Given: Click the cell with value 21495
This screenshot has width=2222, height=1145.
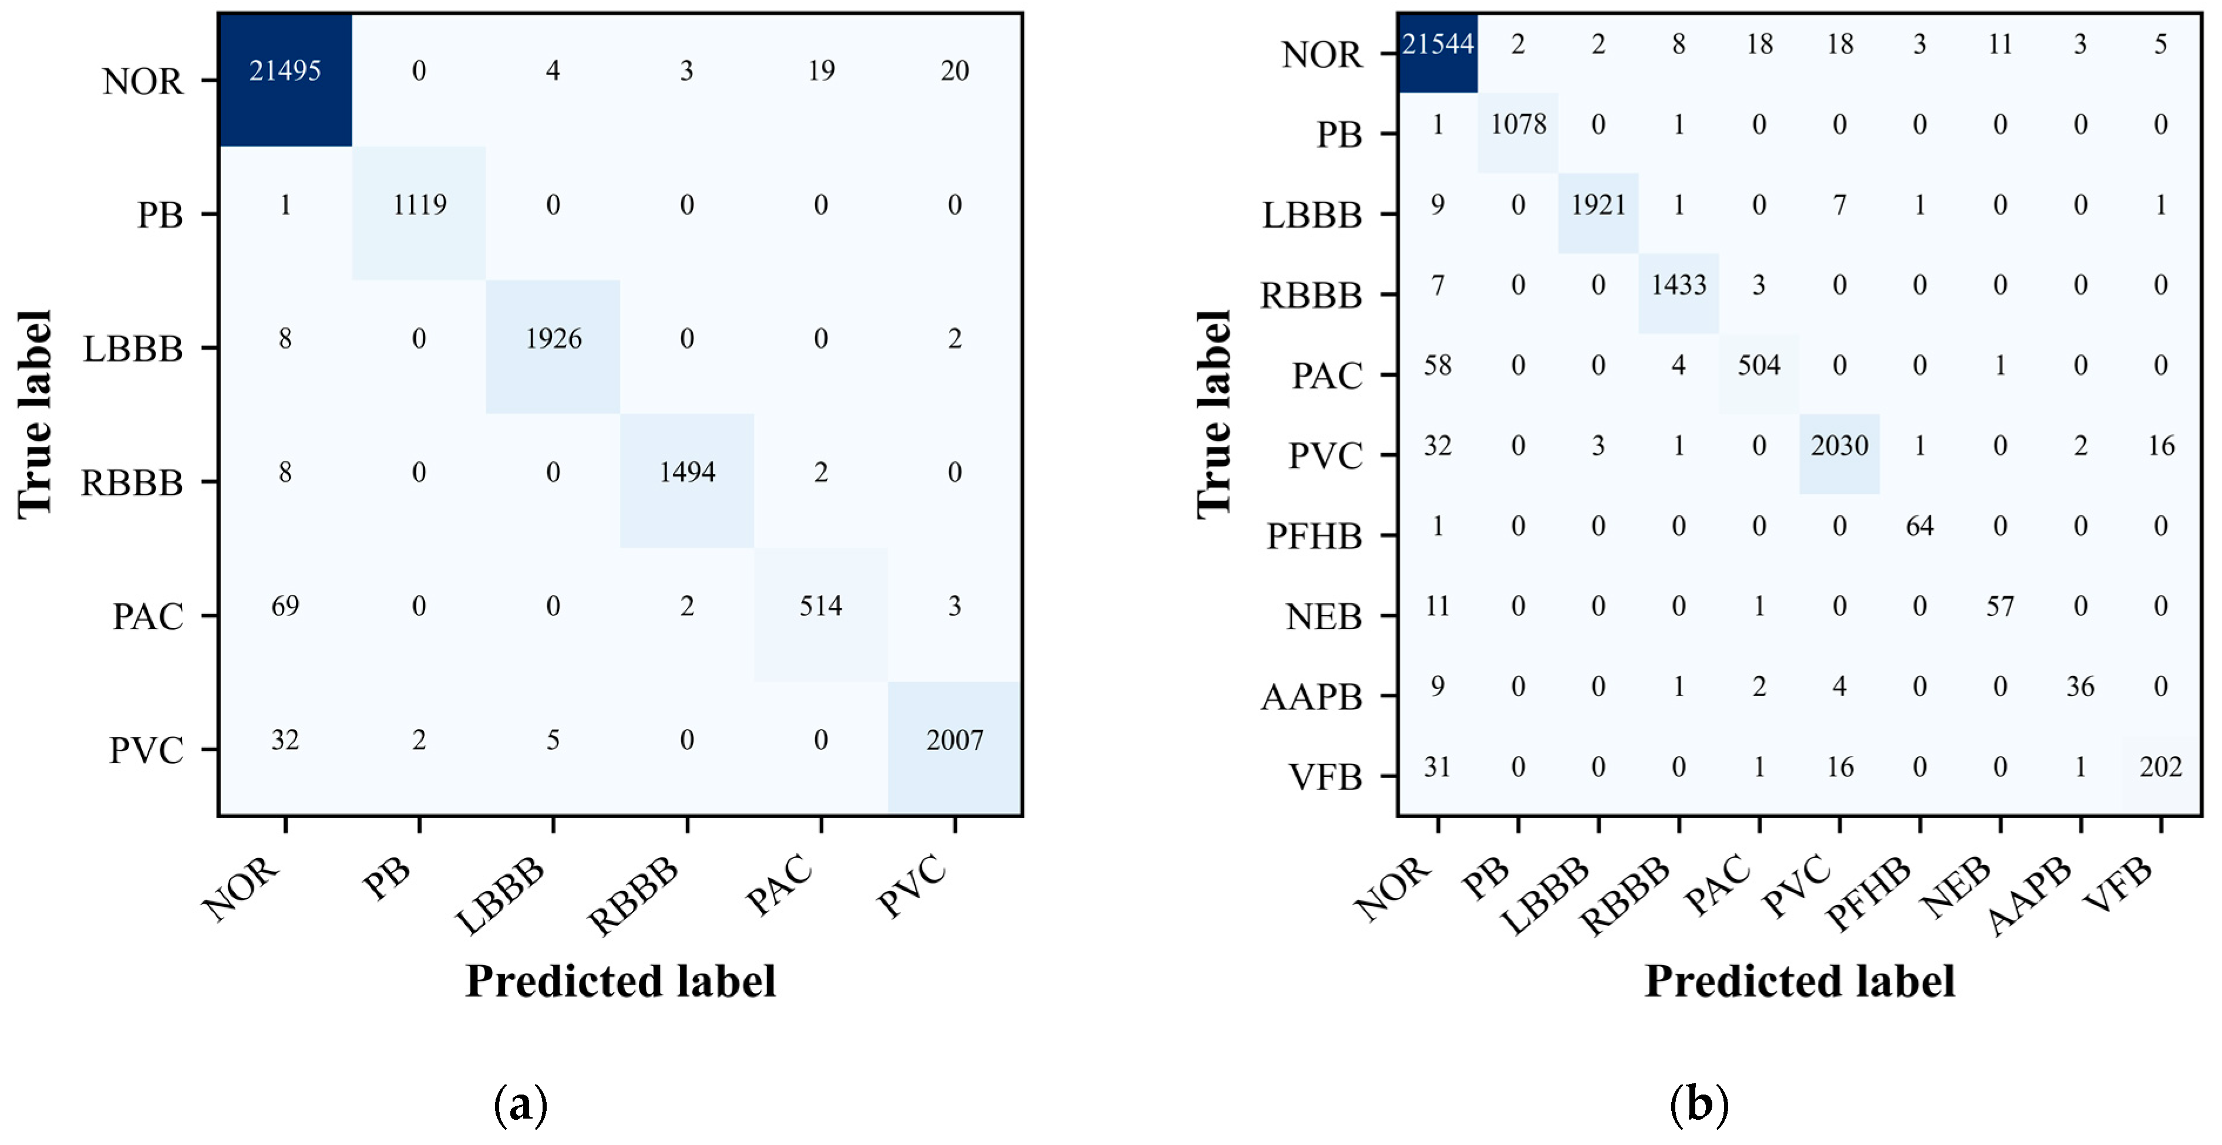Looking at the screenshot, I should (x=285, y=70).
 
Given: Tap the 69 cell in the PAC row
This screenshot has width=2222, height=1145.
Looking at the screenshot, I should (x=285, y=606).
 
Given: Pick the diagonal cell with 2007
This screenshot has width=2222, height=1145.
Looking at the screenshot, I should (x=954, y=740).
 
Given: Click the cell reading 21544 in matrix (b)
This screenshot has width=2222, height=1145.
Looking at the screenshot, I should (x=1437, y=44).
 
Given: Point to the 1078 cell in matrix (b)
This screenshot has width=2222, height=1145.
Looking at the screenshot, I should (x=1518, y=124).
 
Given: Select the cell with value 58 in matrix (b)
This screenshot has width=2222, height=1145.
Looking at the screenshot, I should (x=1437, y=366).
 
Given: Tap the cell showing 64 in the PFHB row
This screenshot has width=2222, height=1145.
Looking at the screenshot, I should (x=1919, y=526).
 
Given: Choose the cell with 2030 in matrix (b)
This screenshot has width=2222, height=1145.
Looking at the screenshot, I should (x=1839, y=446).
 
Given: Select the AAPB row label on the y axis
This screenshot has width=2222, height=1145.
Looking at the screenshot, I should (x=1311, y=697).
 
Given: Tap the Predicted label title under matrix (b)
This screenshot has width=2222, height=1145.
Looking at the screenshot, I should (x=1799, y=981).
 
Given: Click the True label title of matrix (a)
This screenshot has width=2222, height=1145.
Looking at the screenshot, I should (x=35, y=414).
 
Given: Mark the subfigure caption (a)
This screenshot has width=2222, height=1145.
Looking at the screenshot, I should (x=521, y=1105).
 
